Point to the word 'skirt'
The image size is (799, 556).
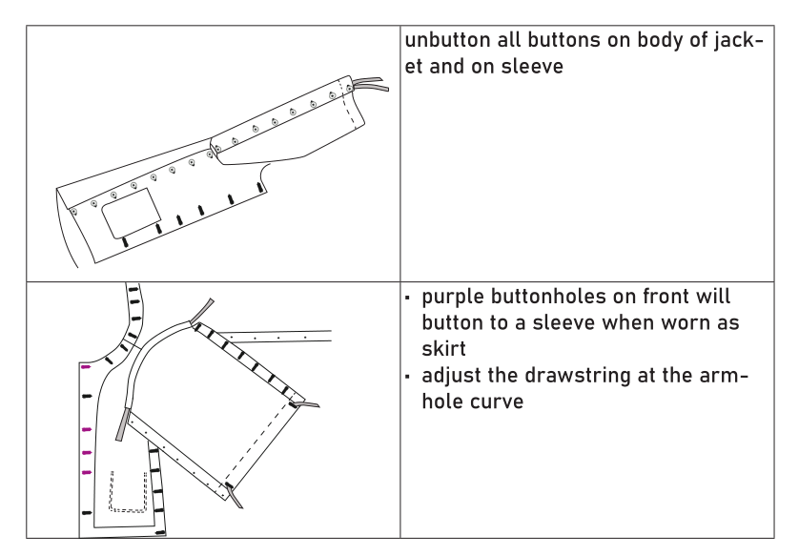(443, 349)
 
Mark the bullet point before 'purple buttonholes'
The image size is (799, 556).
(408, 298)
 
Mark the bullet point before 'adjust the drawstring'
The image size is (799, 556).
(408, 377)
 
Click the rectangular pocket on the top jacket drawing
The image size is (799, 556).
(132, 213)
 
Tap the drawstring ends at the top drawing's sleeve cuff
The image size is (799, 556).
(371, 84)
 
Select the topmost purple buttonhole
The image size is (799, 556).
(86, 367)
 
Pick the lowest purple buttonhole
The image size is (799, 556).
(87, 473)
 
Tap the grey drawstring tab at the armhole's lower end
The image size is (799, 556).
(121, 424)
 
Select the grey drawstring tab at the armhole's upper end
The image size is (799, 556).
(202, 310)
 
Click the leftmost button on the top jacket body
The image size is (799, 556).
(73, 212)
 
